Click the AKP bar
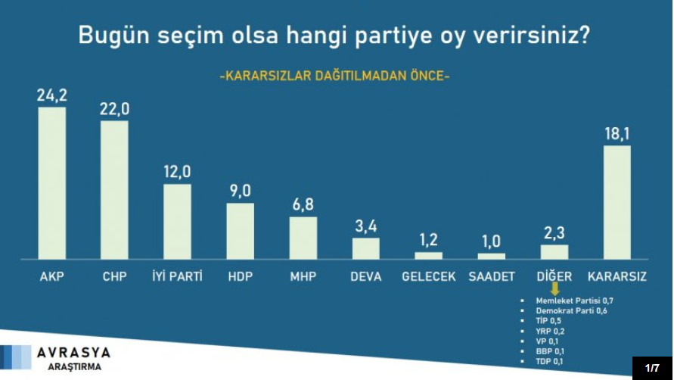pos(51,182)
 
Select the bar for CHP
pos(114,190)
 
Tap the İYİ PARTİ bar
pos(177,221)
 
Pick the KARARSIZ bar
pos(617,202)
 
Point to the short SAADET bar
pos(491,256)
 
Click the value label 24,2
pos(52,95)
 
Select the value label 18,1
pos(617,134)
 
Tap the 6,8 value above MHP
pos(303,205)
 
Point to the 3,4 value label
pos(365,226)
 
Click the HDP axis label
pos(240,276)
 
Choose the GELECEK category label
pos(428,276)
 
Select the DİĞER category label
pos(554,276)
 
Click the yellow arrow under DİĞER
pos(554,290)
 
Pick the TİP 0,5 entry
pos(548,321)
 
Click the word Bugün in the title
pos(113,36)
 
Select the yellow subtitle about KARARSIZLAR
pos(334,76)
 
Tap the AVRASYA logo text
pos(74,352)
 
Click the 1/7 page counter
pos(652,368)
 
